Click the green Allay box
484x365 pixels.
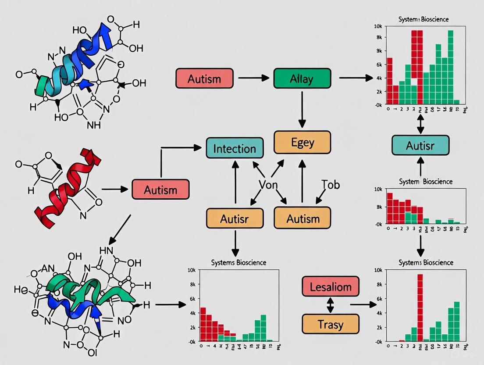point(302,79)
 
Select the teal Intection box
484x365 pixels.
point(235,148)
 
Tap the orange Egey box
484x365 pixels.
point(302,142)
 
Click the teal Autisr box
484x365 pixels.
point(420,145)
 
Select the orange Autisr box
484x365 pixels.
point(235,218)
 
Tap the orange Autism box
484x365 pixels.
point(302,218)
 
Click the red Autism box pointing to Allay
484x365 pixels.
point(204,79)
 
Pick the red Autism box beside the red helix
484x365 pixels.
point(160,190)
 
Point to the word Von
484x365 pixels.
point(268,185)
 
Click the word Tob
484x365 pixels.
point(330,184)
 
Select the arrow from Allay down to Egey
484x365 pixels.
point(302,108)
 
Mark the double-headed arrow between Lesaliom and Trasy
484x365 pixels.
point(331,306)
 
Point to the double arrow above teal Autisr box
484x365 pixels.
point(420,124)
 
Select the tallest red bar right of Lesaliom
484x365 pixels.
point(420,307)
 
